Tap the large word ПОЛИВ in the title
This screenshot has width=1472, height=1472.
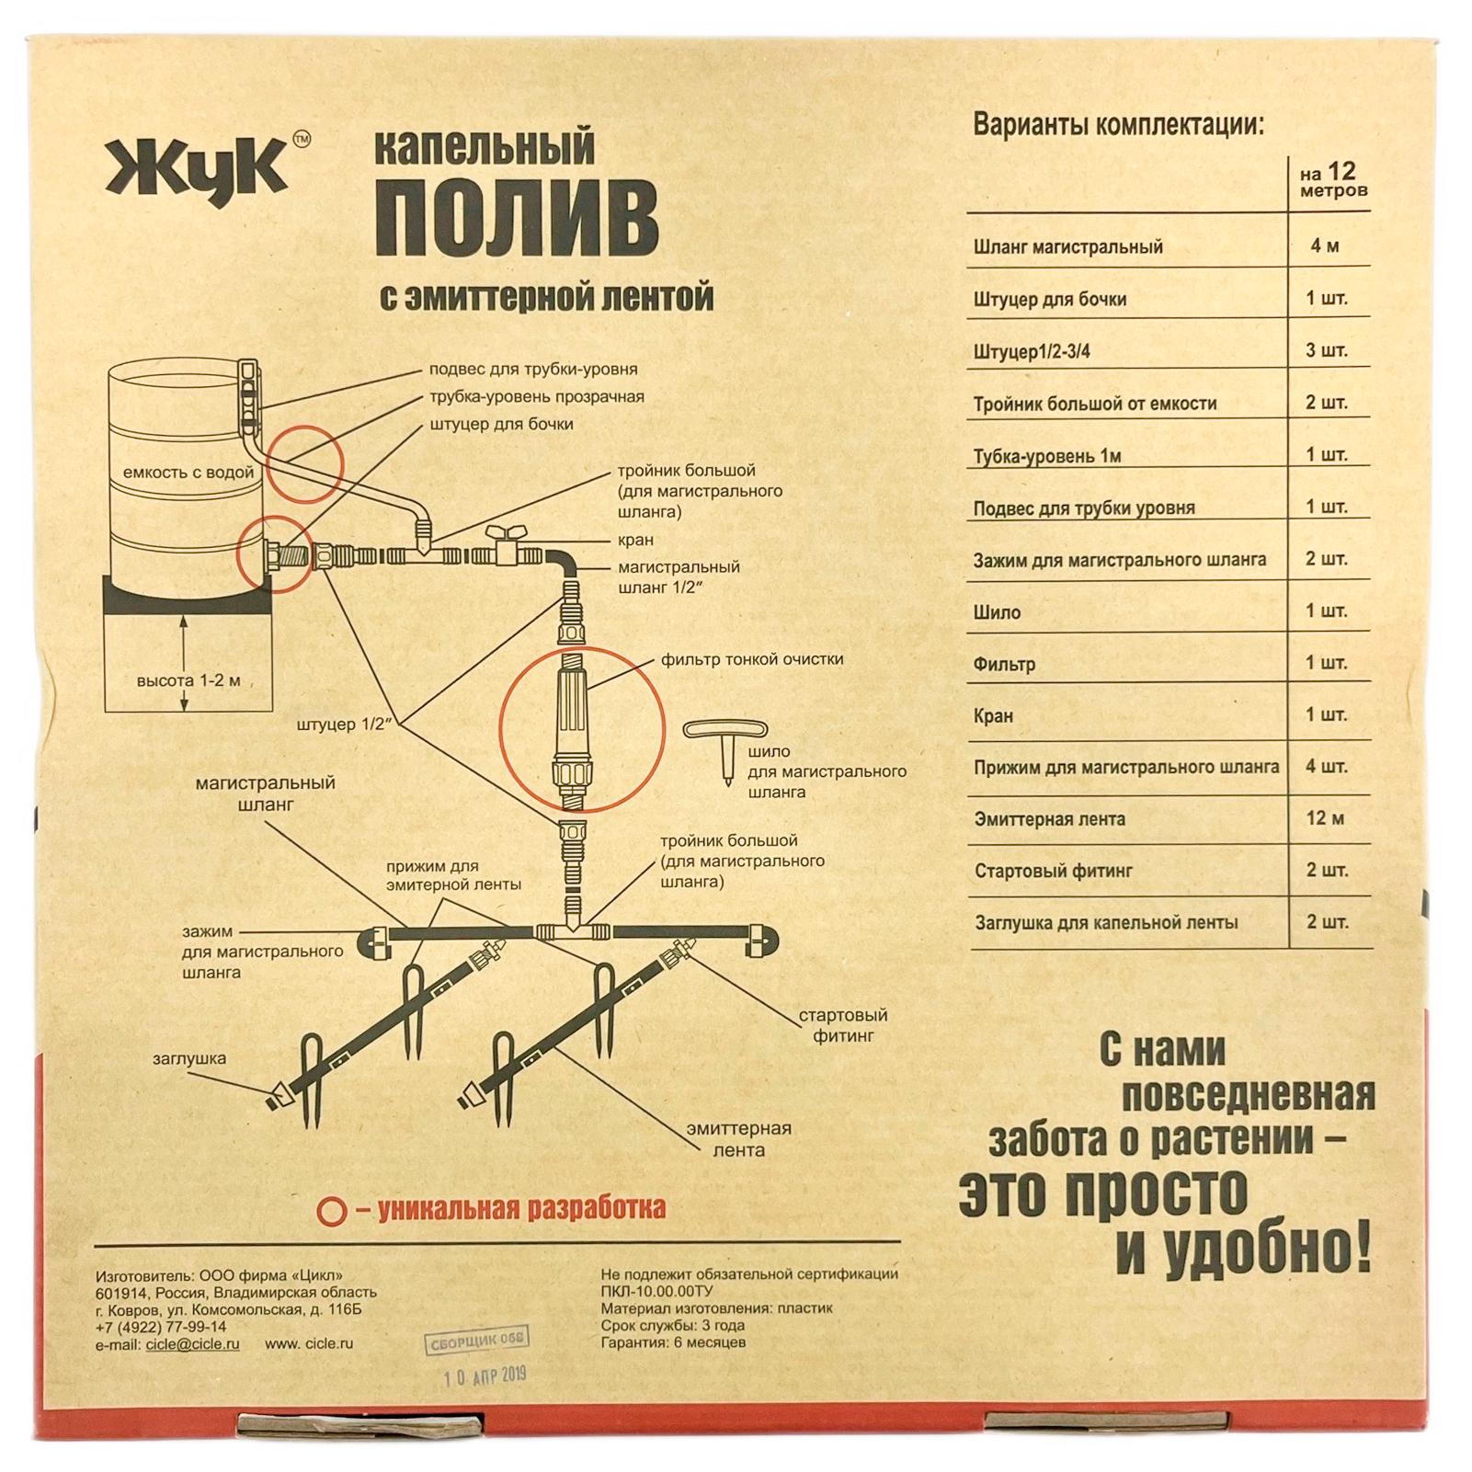[517, 218]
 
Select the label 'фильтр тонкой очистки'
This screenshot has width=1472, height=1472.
[751, 659]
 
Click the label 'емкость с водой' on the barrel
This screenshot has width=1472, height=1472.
[188, 473]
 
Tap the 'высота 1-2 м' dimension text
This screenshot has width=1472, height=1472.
[188, 681]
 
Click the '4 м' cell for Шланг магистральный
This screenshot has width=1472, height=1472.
[1324, 245]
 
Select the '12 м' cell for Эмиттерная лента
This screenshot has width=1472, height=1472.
[1325, 818]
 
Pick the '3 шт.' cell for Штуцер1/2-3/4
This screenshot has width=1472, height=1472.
[1326, 350]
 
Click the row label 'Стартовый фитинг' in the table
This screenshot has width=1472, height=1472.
[1053, 871]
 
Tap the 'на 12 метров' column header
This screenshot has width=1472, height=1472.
[1332, 180]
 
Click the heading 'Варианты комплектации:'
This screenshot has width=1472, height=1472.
[1118, 124]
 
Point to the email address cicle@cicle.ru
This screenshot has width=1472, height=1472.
[192, 1344]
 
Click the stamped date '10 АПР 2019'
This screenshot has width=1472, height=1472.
[485, 1376]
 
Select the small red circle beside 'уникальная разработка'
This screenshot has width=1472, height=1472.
[331, 1211]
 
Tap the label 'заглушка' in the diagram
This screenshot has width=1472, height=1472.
[189, 1058]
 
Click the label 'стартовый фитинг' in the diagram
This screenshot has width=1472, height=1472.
[842, 1025]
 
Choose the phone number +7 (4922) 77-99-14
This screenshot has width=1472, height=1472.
[161, 1327]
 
